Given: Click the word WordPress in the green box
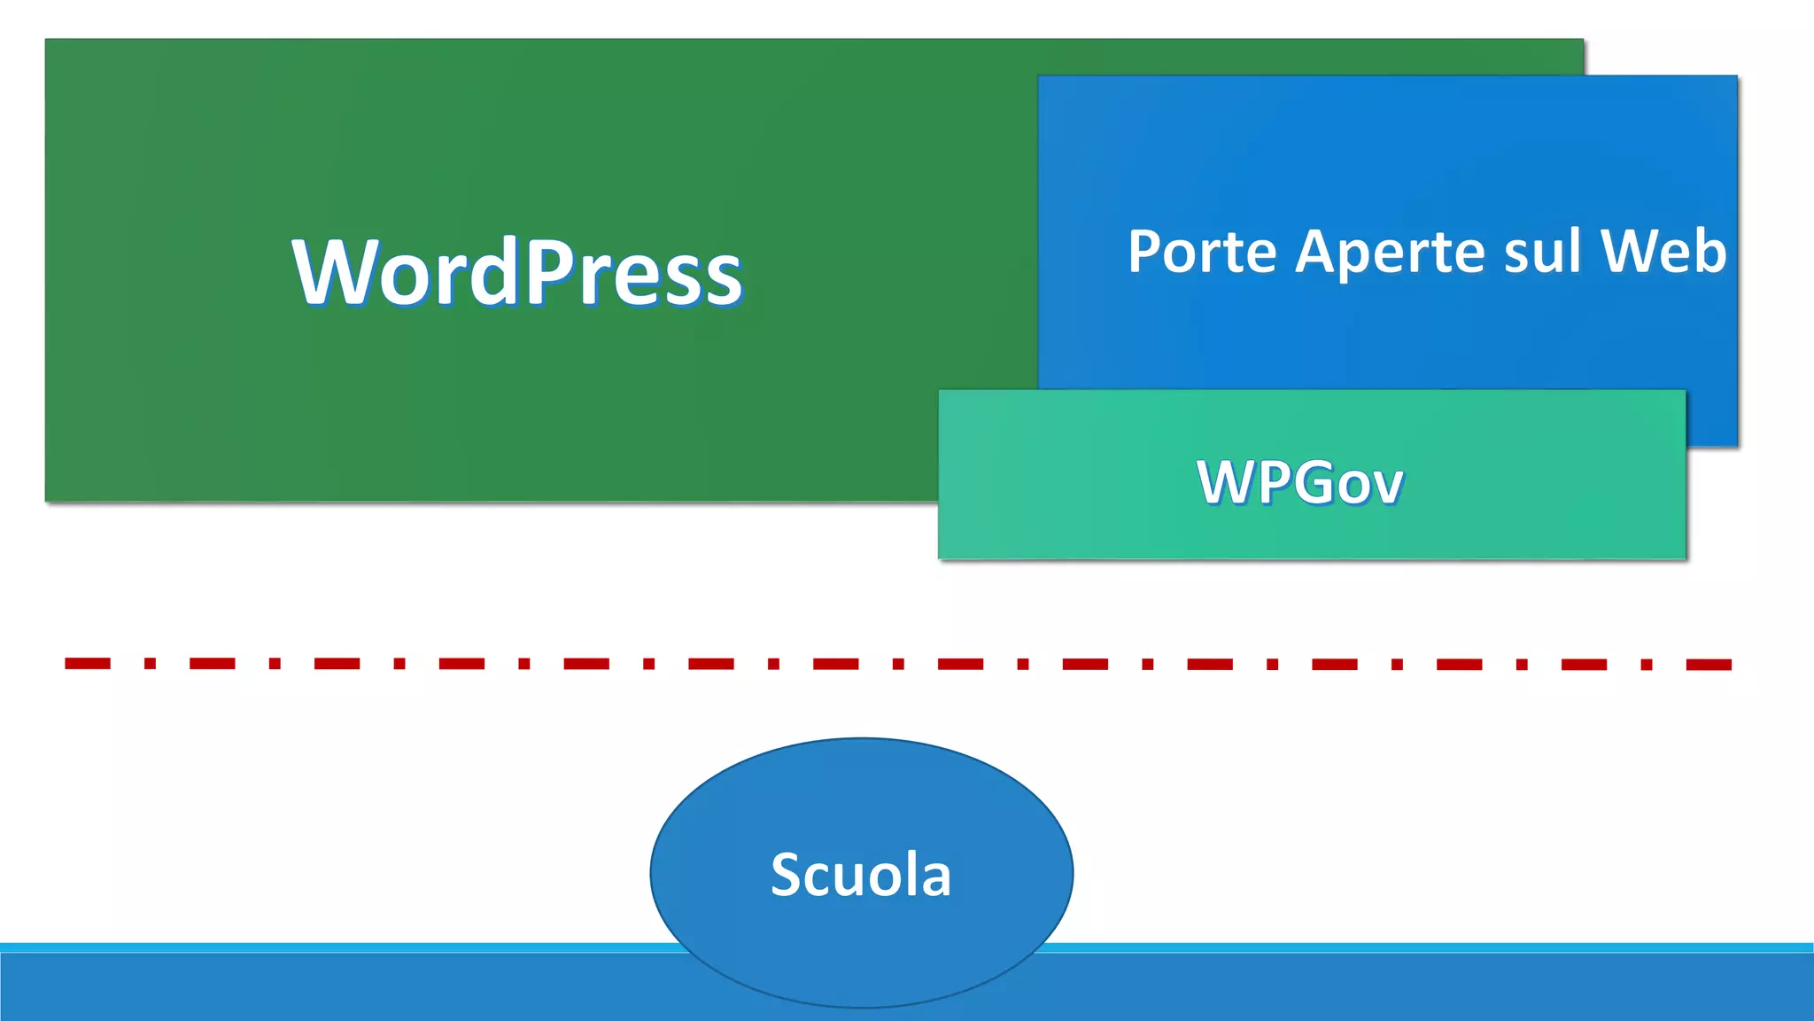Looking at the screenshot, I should point(518,272).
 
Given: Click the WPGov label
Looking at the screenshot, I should point(1299,483).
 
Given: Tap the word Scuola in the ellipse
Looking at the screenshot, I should point(861,875).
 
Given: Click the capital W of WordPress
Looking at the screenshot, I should point(331,272).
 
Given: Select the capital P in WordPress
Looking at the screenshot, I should point(553,272).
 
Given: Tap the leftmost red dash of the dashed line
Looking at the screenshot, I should point(88,663).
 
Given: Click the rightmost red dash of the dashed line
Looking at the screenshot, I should point(1709,665).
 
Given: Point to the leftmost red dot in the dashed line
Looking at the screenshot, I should point(151,663).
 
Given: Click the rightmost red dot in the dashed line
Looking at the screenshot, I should point(1647,665).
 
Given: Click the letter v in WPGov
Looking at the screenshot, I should point(1387,487).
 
